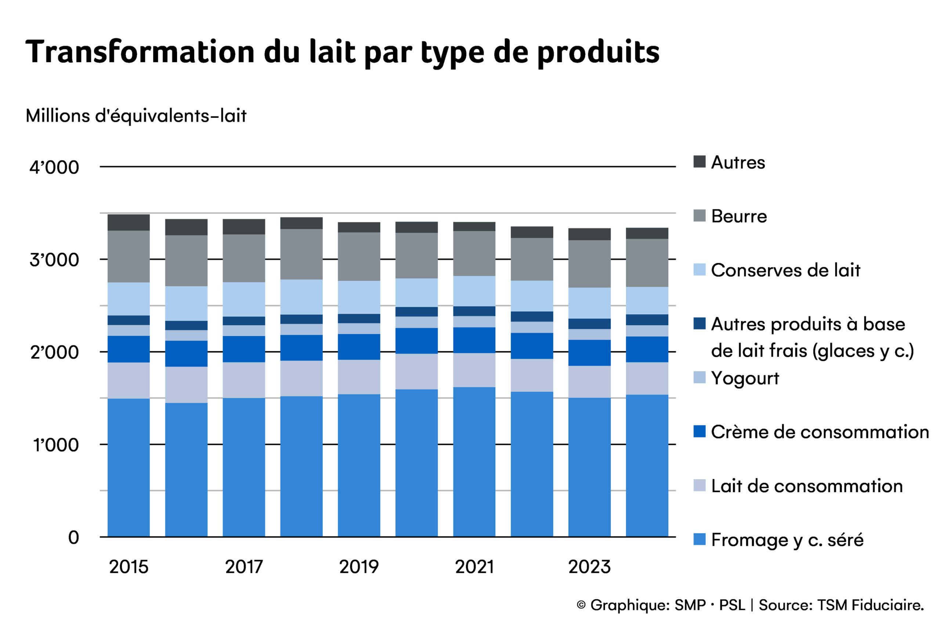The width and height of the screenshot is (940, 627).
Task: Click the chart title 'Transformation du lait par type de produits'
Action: pos(342,52)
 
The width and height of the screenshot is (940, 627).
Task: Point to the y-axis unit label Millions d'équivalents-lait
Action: pos(136,116)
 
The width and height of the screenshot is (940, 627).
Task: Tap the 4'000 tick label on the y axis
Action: pos(54,167)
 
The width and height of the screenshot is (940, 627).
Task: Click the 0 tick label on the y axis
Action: pos(73,537)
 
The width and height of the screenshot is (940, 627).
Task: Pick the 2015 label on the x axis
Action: pos(129,567)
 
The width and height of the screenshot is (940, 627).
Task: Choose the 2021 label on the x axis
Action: pos(474,567)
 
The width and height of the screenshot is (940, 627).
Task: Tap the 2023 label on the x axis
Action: pos(589,567)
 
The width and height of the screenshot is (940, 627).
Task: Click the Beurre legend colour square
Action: pos(699,216)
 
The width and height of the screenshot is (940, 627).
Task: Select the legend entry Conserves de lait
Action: pos(785,270)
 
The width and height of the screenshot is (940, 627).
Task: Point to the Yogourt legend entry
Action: pos(745,378)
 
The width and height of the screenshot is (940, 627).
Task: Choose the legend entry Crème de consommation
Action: pos(819,432)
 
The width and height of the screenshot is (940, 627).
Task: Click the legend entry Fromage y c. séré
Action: pos(787,540)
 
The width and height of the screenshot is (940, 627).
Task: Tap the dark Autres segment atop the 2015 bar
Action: pos(129,222)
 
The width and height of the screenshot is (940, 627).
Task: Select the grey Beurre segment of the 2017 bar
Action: pos(244,258)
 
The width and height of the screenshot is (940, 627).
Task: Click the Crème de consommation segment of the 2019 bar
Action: pos(359,347)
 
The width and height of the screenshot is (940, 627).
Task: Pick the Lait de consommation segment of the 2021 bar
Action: pos(474,370)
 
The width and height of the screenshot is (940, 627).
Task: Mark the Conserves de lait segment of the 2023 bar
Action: pos(589,303)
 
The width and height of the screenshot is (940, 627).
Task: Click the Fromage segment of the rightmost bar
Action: pos(647,466)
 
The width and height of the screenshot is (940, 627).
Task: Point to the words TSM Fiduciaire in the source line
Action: pos(870,605)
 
